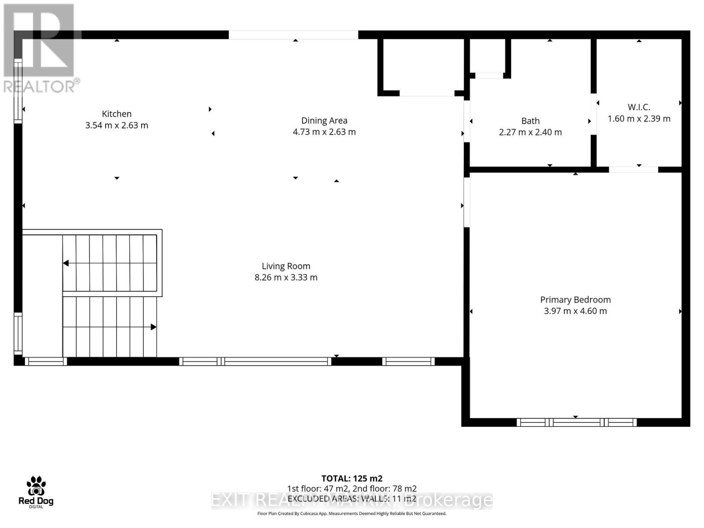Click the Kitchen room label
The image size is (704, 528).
pyautogui.click(x=117, y=114)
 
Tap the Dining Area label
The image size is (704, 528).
pyautogui.click(x=324, y=121)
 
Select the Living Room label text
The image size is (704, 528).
pyautogui.click(x=286, y=266)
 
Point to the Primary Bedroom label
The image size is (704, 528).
pyautogui.click(x=576, y=300)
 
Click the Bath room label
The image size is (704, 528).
pyautogui.click(x=530, y=121)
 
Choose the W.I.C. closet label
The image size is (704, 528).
pyautogui.click(x=639, y=107)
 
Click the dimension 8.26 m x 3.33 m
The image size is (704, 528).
pyautogui.click(x=286, y=277)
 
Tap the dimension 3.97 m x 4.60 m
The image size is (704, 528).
pyautogui.click(x=576, y=311)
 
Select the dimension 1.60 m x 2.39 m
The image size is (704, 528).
pyautogui.click(x=639, y=119)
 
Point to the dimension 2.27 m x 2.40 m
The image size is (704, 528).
pyautogui.click(x=530, y=132)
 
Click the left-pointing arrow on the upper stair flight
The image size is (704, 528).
pyautogui.click(x=66, y=263)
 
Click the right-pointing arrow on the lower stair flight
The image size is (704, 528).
pyautogui.click(x=154, y=327)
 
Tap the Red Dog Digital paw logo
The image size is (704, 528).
pyautogui.click(x=36, y=486)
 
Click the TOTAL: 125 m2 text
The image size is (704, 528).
pyautogui.click(x=352, y=478)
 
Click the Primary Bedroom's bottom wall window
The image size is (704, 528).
pyautogui.click(x=576, y=422)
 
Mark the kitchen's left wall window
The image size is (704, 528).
pyautogui.click(x=18, y=91)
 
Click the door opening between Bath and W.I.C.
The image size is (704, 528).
pyautogui.click(x=594, y=114)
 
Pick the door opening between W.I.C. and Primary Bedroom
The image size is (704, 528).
pyautogui.click(x=633, y=169)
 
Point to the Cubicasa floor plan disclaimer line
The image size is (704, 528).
pyautogui.click(x=352, y=513)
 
